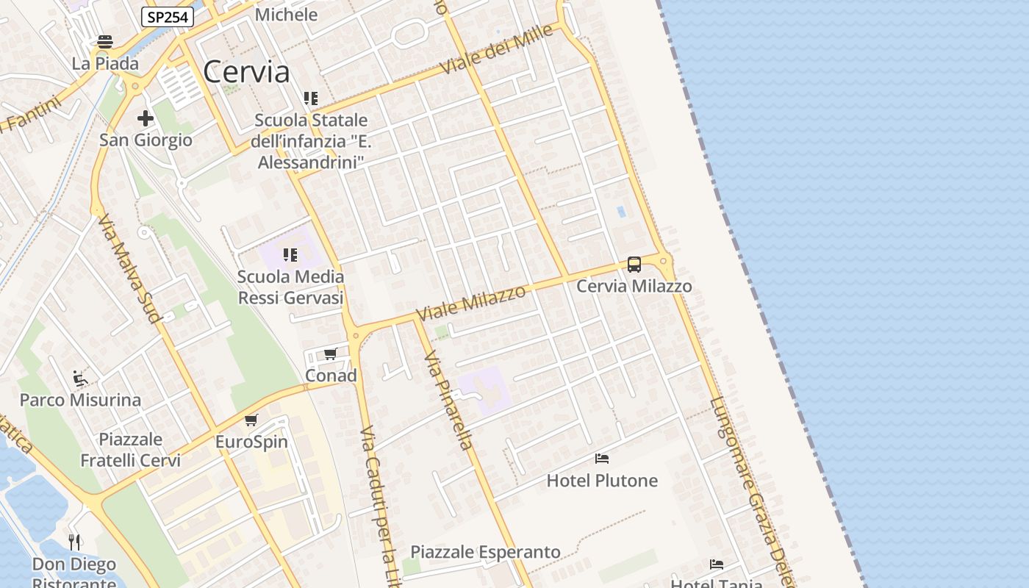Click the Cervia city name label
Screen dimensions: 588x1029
(x=246, y=72)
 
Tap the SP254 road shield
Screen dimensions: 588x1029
(x=168, y=17)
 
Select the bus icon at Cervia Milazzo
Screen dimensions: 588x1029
(x=634, y=265)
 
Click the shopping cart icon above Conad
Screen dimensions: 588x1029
(x=331, y=354)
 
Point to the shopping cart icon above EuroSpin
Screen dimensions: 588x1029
(x=251, y=420)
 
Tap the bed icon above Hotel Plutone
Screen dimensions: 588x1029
(x=602, y=459)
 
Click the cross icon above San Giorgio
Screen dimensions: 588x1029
(x=146, y=118)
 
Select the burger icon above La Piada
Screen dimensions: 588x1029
(x=105, y=42)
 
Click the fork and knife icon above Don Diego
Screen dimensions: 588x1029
(x=74, y=542)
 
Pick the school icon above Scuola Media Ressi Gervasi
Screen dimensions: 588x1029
(x=290, y=255)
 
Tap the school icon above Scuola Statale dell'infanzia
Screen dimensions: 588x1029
(x=311, y=98)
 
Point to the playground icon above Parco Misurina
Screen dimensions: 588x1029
(x=80, y=379)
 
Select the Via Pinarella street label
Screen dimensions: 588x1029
(x=448, y=401)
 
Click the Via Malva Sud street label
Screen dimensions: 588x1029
(x=128, y=269)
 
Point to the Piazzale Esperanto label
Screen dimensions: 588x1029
(x=485, y=552)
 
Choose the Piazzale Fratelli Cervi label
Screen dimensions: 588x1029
(x=130, y=450)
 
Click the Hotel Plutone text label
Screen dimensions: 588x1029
(x=602, y=481)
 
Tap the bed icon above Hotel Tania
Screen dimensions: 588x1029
(x=717, y=564)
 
